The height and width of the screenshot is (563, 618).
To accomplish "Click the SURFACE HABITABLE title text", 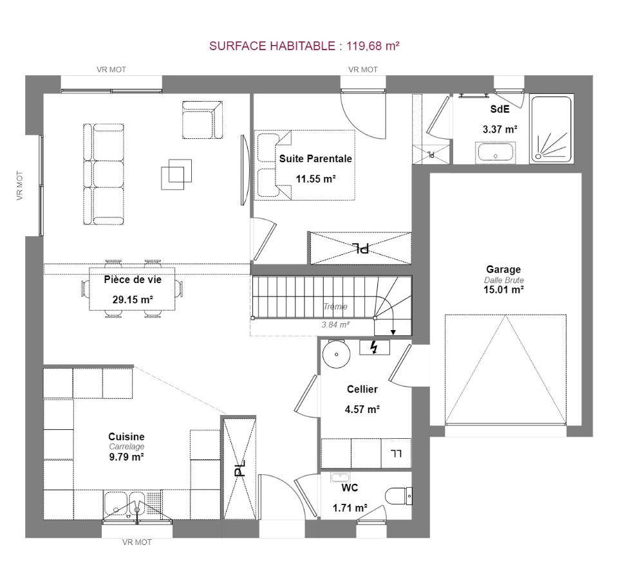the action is point(304,46).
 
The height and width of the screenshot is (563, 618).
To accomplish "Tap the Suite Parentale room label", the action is point(315,159).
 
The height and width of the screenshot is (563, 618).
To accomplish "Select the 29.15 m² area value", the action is point(133,300).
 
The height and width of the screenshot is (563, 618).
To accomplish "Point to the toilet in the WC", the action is point(398,496).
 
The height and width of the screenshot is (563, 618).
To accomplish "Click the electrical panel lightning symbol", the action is point(374,347).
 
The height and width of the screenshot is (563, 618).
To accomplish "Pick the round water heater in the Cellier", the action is point(336,354).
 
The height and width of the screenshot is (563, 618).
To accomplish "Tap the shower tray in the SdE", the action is point(551,129).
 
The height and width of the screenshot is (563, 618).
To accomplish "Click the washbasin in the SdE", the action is point(496,153).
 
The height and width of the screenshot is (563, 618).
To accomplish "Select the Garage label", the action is point(503,270).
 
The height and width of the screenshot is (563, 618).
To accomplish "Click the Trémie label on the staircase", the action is point(335,306).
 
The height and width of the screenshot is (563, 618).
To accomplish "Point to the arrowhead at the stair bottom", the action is point(393,332).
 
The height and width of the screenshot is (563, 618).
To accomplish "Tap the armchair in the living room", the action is point(202,120).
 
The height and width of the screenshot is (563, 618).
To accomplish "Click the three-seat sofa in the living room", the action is point(104,174).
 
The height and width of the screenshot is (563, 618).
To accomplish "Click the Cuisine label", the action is point(126,436).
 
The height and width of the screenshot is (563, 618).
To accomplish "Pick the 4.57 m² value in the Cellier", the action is point(362,409).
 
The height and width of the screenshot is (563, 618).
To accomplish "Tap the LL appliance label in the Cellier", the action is point(396,454).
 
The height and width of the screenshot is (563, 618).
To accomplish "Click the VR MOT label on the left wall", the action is point(20,185).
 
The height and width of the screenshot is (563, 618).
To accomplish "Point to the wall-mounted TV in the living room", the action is point(245,170).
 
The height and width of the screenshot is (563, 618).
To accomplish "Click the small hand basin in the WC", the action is point(340,477).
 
